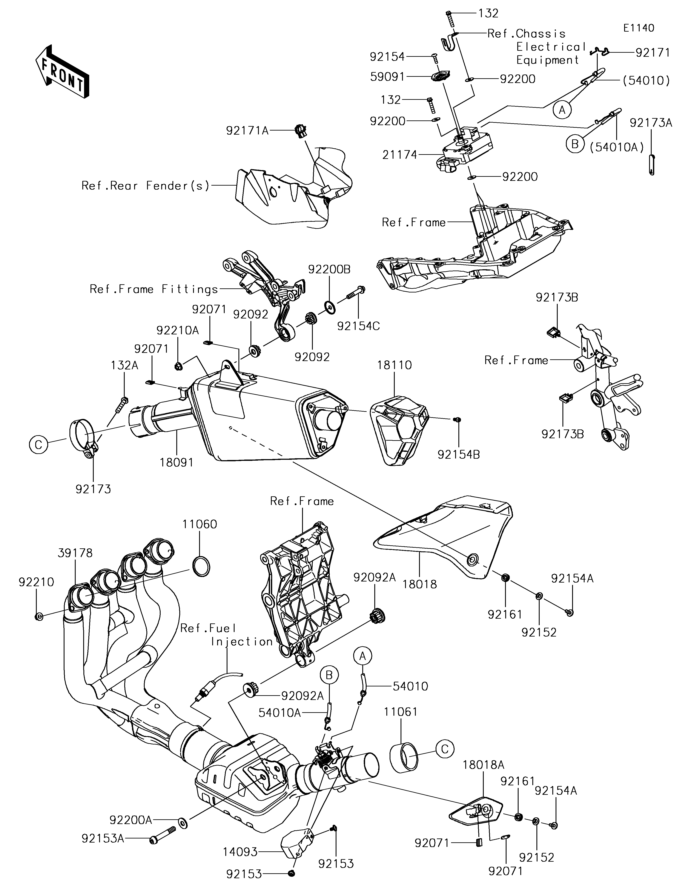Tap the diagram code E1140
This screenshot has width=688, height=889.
(639, 28)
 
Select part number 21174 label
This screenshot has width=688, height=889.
(399, 155)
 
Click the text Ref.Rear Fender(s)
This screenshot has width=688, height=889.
(145, 186)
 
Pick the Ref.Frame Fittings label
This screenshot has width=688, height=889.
(154, 289)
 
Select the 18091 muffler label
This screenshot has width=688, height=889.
(176, 462)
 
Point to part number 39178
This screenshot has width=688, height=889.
(75, 553)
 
